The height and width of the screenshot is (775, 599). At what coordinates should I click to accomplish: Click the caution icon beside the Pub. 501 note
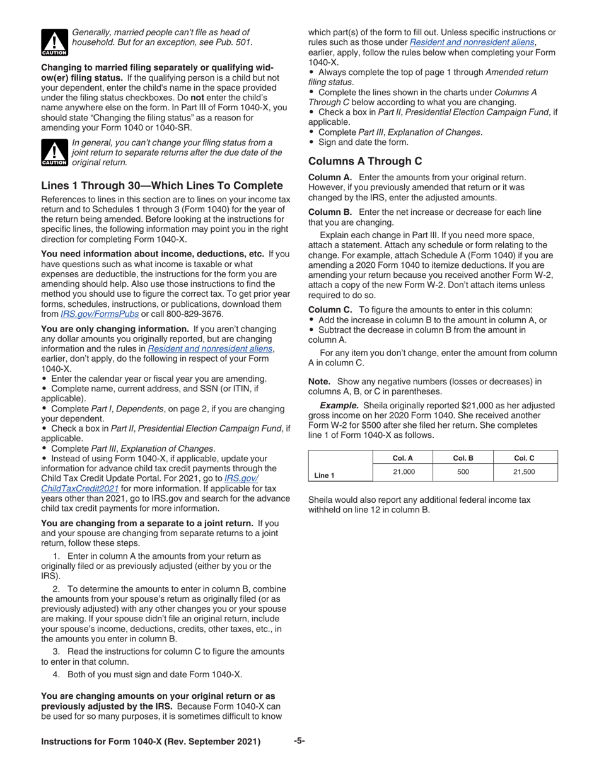[54, 41]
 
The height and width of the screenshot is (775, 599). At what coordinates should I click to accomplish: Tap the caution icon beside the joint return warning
[54, 152]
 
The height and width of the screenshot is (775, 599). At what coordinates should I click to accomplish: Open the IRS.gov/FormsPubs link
[100, 314]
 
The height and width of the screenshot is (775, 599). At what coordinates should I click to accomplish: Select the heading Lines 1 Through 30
[161, 186]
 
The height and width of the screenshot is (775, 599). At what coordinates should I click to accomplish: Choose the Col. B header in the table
[463, 457]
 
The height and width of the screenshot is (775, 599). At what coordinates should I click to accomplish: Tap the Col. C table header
[524, 457]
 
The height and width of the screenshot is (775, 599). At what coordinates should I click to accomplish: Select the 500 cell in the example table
[463, 471]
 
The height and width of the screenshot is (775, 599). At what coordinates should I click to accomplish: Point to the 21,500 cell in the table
[524, 471]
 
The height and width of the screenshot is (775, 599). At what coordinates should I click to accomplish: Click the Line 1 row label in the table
[324, 475]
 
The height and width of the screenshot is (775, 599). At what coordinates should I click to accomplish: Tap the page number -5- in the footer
[299, 742]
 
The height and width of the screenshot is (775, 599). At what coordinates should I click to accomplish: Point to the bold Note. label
[320, 381]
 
